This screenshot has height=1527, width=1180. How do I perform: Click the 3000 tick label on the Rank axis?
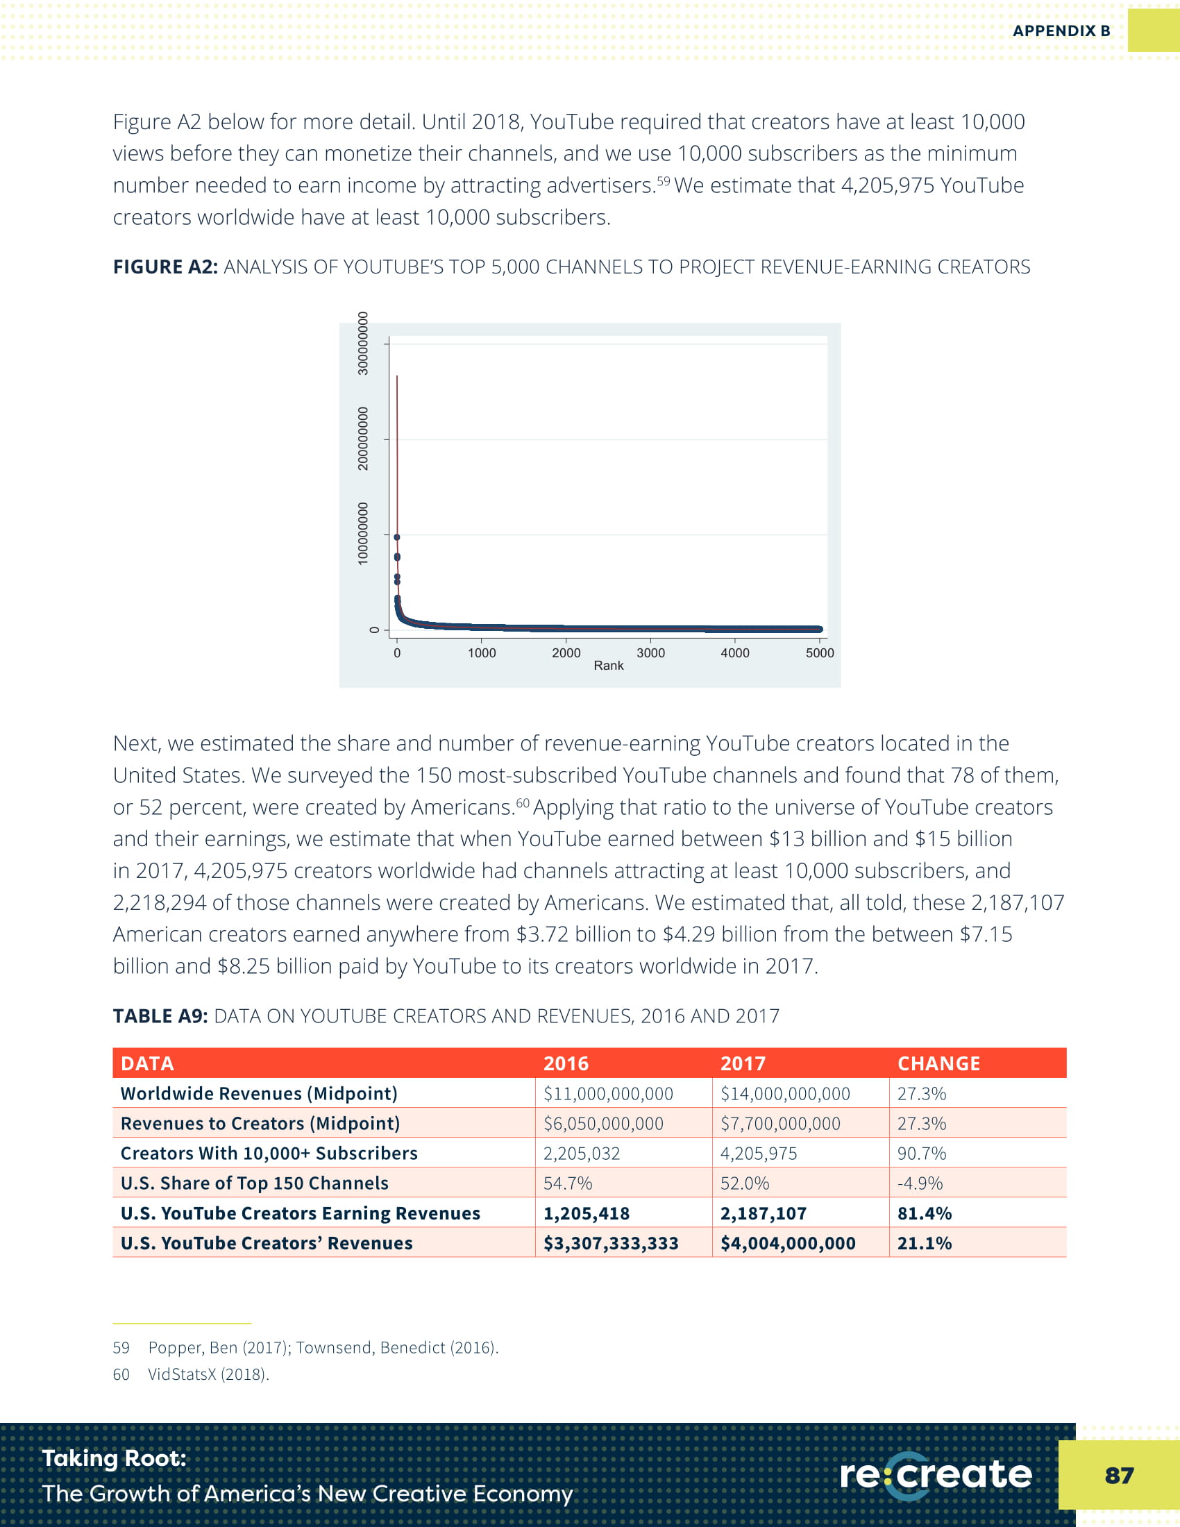click(x=650, y=652)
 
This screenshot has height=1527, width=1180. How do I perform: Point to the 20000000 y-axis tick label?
click(x=363, y=439)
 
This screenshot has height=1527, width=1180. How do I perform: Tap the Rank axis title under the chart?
click(x=608, y=666)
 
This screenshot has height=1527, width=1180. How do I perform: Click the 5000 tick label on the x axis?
click(x=819, y=652)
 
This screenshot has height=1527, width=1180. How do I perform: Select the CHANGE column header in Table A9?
click(x=938, y=1063)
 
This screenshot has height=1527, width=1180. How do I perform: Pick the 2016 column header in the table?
click(x=566, y=1063)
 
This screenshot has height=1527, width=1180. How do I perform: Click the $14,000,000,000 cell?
click(x=785, y=1093)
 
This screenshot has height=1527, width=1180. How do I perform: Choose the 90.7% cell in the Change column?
click(x=921, y=1154)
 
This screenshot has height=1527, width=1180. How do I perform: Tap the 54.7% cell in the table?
click(x=568, y=1183)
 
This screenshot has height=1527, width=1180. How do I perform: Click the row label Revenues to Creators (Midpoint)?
click(x=260, y=1124)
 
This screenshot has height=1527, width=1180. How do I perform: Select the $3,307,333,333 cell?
click(x=611, y=1243)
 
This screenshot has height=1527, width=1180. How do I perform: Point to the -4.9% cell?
click(x=920, y=1183)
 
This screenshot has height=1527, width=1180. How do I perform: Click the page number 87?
click(x=1118, y=1475)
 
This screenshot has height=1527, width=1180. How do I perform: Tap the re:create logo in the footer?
click(x=936, y=1474)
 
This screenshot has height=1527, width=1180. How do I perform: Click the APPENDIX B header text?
click(x=1061, y=31)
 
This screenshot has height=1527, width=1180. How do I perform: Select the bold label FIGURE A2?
click(x=165, y=267)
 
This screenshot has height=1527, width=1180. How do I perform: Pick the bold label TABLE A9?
click(x=160, y=1016)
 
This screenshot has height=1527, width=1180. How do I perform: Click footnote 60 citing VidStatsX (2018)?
click(x=208, y=1374)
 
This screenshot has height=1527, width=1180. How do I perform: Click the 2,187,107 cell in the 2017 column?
click(x=764, y=1213)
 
